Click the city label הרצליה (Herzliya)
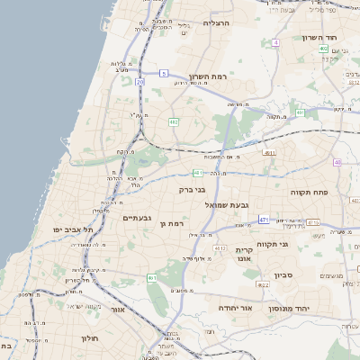pyautogui.click(x=218, y=22)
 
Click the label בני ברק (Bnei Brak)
pyautogui.click(x=193, y=190)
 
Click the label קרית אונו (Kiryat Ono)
pyautogui.click(x=244, y=255)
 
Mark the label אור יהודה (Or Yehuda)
pyautogui.click(x=235, y=307)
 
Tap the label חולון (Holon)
pyautogui.click(x=89, y=338)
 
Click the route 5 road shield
pyautogui.click(x=164, y=72)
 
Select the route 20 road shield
pyautogui.click(x=140, y=82)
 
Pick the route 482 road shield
pyautogui.click(x=174, y=121)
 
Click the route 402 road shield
pyautogui.click(x=323, y=50)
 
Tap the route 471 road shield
pyautogui.click(x=263, y=219)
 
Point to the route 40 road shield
pyautogui.click(x=337, y=162)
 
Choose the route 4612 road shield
pyautogui.click(x=220, y=247)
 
